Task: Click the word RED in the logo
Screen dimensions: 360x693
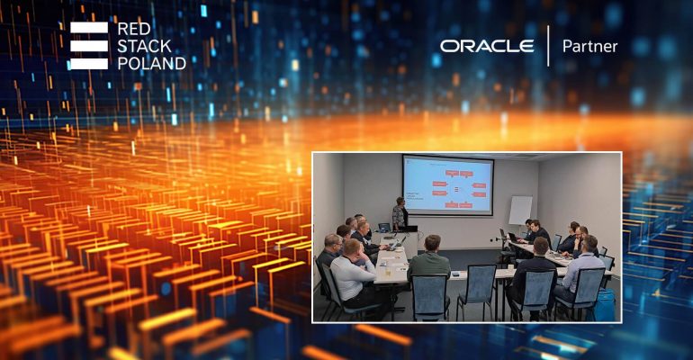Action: [135, 28]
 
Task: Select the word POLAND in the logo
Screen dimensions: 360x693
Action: [151, 63]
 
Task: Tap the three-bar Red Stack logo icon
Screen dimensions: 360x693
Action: [88, 45]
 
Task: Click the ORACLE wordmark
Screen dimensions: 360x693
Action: [487, 46]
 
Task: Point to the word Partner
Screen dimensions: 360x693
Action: [589, 46]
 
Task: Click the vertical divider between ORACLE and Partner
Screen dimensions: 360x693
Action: [547, 46]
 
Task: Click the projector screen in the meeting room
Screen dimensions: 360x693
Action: [447, 185]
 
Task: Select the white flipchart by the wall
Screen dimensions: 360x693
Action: [520, 210]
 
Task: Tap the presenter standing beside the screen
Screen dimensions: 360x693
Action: [400, 214]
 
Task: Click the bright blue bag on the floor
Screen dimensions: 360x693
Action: [605, 306]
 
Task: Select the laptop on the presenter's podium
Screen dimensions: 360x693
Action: [384, 228]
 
